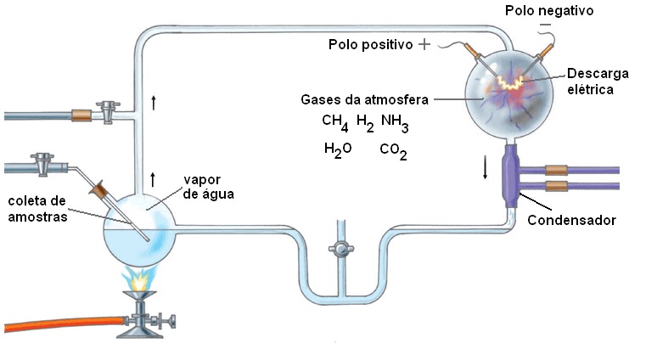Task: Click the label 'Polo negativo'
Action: point(548,11)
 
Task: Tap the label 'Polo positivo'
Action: point(370,44)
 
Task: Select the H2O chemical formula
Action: point(337,150)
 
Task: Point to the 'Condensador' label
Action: point(570,221)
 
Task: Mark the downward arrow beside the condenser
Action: point(486,166)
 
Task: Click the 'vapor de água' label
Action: point(207,187)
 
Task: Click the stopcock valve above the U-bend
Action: point(340,250)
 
